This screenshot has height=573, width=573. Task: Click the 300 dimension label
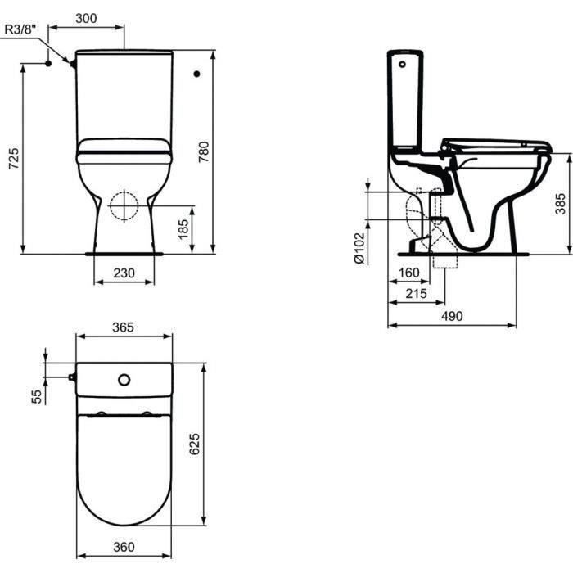[86, 18]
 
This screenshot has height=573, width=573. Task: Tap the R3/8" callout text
[20, 29]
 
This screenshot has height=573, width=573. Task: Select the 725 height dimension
[14, 158]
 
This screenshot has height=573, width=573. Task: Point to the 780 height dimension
[204, 151]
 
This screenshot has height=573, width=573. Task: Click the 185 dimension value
[183, 229]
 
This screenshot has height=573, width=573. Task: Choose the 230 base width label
[124, 273]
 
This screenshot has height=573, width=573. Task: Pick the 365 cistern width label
[123, 327]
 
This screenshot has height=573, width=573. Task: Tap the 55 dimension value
[37, 396]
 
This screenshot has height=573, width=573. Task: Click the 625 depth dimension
[195, 444]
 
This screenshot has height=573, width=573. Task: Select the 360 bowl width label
[124, 547]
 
